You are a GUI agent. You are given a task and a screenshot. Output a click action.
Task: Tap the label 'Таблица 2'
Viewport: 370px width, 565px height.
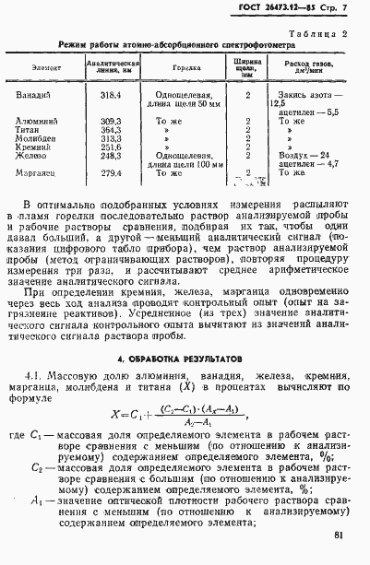[x=322, y=32]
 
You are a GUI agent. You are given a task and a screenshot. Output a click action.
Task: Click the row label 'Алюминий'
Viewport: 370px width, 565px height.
[x=37, y=121]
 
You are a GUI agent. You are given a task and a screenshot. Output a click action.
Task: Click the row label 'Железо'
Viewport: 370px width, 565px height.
[x=33, y=156]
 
